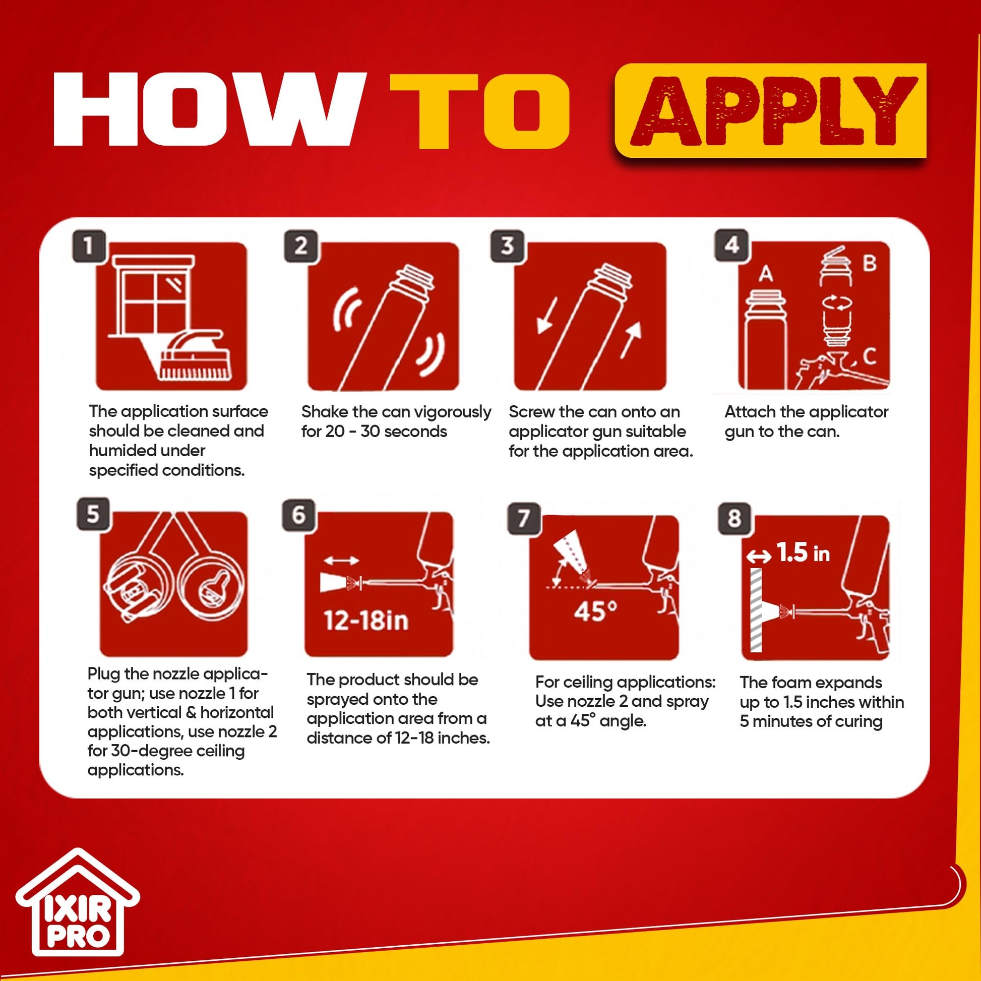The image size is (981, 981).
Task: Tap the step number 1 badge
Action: coord(89,247)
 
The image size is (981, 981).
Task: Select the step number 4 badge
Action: coord(731,245)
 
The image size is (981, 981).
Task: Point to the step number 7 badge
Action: coord(523,518)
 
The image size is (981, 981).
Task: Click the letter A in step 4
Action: coord(766,275)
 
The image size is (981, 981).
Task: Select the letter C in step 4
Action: coord(869,356)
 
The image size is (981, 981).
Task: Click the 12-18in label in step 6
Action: coord(366,621)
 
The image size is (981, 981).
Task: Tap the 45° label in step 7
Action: coord(595,611)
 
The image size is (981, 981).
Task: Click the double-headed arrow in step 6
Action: coord(341,561)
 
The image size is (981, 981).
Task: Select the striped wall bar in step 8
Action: coord(756,610)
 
